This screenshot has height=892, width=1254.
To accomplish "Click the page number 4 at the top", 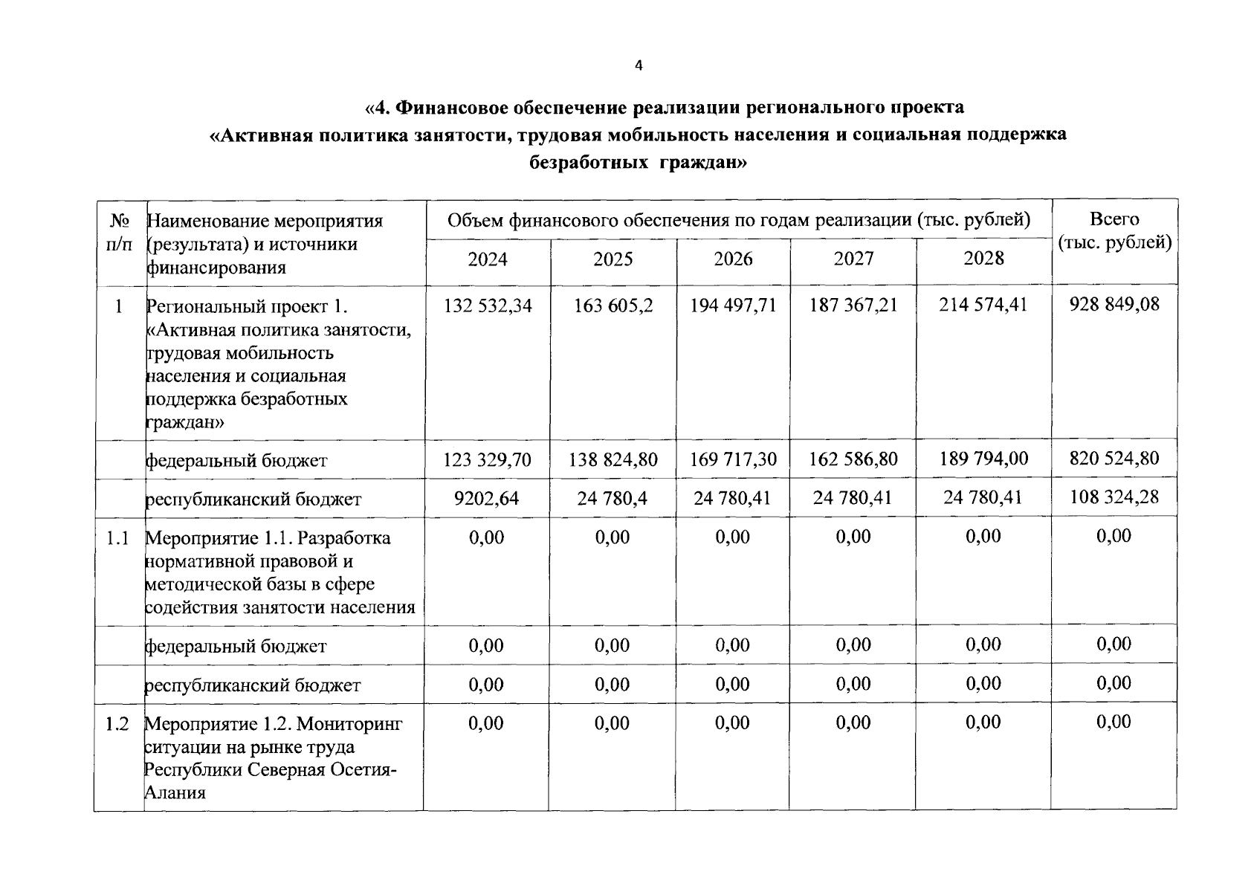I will click(x=639, y=65).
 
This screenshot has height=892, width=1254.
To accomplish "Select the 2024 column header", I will click(x=488, y=259).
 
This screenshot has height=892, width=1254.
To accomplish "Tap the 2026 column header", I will click(x=733, y=259).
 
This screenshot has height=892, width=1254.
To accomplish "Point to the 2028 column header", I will click(x=983, y=258).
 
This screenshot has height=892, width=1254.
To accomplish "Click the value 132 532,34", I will click(x=488, y=306).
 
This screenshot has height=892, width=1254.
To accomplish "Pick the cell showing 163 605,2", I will click(x=613, y=306).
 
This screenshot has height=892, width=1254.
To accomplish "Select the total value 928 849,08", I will click(x=1114, y=304).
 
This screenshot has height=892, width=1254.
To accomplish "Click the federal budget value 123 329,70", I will click(x=488, y=460).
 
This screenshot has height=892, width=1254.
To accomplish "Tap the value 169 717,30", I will click(x=733, y=459).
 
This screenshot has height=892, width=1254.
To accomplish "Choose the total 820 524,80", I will click(x=1114, y=458).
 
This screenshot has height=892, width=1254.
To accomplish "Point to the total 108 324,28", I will click(x=1114, y=497).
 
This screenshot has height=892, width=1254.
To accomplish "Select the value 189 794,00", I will click(x=983, y=458).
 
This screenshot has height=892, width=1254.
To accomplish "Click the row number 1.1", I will click(x=117, y=537).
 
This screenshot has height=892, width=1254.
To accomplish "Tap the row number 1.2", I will click(x=117, y=723).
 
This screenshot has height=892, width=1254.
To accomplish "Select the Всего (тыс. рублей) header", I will click(x=1114, y=230).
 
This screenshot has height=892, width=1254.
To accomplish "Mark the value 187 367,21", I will click(x=853, y=305).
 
